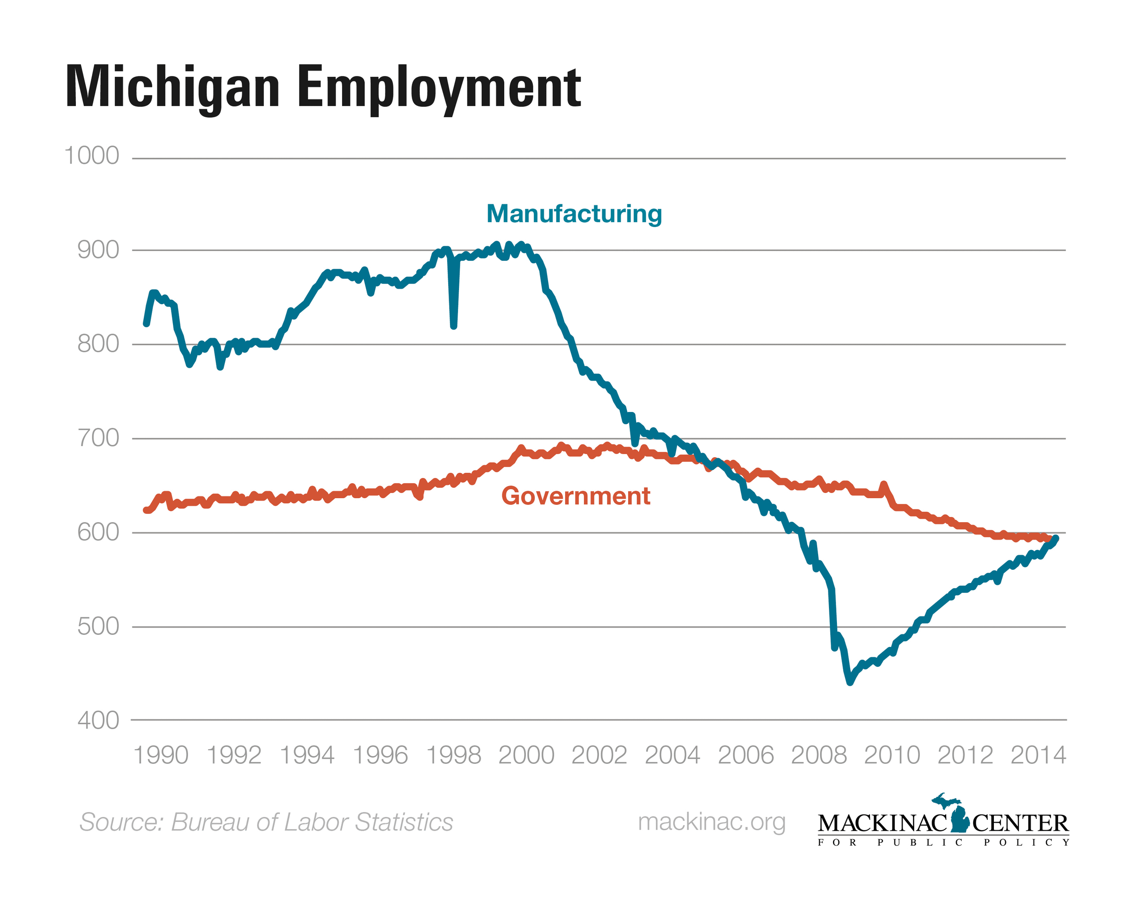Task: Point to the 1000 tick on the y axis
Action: tap(91, 156)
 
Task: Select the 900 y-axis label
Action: tap(98, 250)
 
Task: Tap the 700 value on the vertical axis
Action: tap(98, 438)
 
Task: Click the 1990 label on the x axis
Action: tap(161, 755)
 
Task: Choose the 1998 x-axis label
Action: tap(453, 755)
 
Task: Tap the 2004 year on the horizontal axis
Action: tap(672, 755)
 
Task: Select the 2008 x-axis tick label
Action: tap(819, 755)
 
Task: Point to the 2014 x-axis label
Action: tap(1038, 755)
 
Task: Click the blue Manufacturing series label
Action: tap(574, 214)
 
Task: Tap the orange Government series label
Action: tap(575, 496)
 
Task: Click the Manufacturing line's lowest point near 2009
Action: tap(850, 682)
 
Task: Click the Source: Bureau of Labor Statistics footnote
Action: tap(266, 822)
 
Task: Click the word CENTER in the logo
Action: tap(1020, 824)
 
